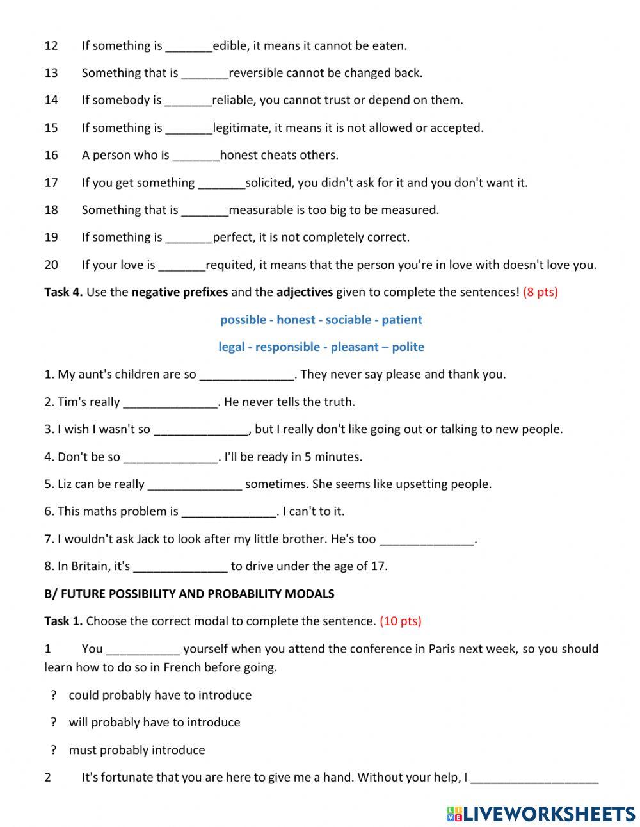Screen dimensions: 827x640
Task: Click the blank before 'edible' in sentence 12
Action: tap(189, 46)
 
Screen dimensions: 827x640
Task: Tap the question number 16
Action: tap(51, 155)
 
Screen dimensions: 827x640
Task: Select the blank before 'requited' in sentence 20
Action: tap(182, 265)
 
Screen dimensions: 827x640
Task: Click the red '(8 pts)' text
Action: tap(540, 292)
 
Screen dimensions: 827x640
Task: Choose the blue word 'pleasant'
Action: tap(355, 347)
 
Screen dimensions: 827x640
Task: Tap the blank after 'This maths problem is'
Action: tap(229, 512)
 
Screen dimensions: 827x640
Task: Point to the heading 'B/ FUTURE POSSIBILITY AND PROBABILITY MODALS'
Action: tap(189, 594)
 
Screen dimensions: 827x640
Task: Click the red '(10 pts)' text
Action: tap(401, 621)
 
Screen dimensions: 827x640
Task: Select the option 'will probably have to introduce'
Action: tap(155, 722)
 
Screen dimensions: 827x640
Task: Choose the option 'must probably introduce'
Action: tap(137, 749)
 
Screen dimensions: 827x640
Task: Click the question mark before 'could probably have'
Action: tap(54, 695)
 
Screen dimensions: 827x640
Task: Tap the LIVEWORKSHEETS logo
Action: tap(541, 814)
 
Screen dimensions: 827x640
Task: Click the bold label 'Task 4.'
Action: tap(63, 292)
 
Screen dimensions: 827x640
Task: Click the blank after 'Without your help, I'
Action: tap(534, 778)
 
